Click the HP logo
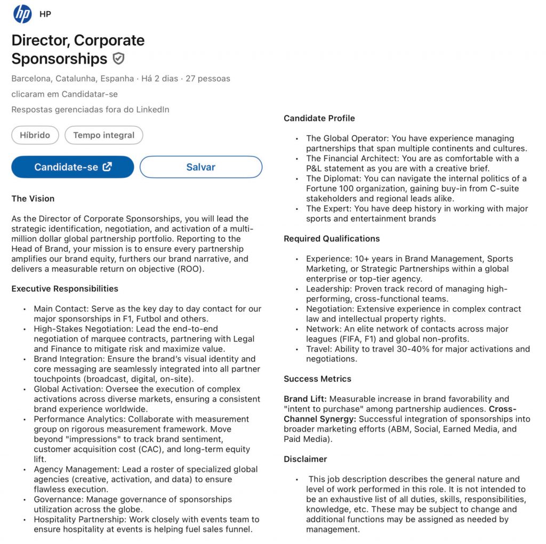pos(22,14)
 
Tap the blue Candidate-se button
pos(73,167)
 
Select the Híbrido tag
pos(35,135)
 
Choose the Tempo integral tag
pos(103,135)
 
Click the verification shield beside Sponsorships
pos(119,59)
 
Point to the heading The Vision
pos(33,199)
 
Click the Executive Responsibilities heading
pos(65,289)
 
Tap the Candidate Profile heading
pos(319,118)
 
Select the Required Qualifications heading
pos(332,238)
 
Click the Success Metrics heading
pos(317,379)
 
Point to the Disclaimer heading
pos(306,459)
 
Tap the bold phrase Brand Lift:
pos(307,399)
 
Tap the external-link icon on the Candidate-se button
pos(107,167)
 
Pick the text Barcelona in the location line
pos(31,78)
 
